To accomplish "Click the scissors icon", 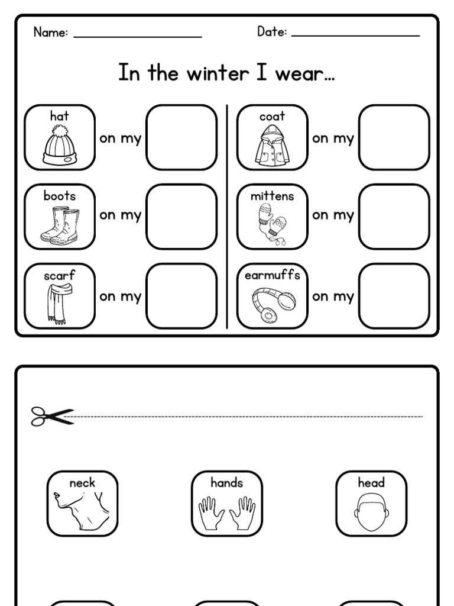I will click(52, 417).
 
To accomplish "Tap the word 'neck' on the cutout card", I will click(82, 483).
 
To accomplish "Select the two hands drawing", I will click(227, 512).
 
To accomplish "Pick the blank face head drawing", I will click(371, 512).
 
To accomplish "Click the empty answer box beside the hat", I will click(181, 137).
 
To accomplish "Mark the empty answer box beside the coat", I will click(394, 137).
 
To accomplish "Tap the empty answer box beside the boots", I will click(181, 216).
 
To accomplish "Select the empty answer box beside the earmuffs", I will click(394, 295).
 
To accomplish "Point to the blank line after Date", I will click(355, 35).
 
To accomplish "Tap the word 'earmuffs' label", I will click(273, 276).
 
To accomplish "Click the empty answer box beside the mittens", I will click(394, 216).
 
